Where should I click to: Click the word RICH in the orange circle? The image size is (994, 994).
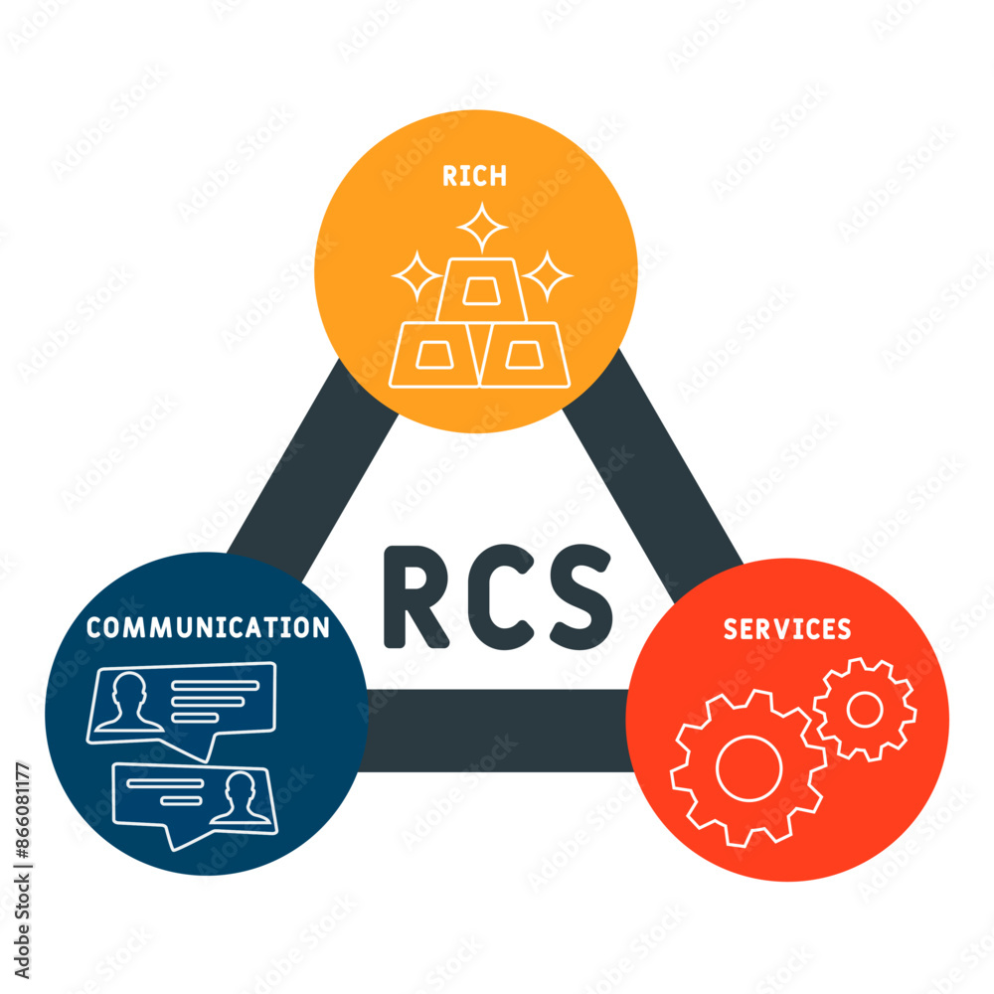coord(474,176)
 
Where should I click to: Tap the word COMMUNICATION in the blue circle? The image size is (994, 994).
coord(207,627)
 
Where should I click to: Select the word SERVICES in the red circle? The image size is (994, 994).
coord(786,629)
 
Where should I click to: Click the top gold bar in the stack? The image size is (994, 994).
coord(481,289)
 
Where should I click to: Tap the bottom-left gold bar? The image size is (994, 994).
coord(436,355)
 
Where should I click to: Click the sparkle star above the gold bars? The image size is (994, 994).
coord(482,228)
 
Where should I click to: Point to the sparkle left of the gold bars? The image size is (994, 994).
coord(417,275)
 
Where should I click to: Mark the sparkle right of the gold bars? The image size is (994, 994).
coord(548,275)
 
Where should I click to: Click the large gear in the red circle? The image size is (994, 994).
coord(747,768)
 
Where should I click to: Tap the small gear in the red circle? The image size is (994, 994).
coord(864,709)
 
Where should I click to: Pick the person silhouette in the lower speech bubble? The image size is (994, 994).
coord(241,797)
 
